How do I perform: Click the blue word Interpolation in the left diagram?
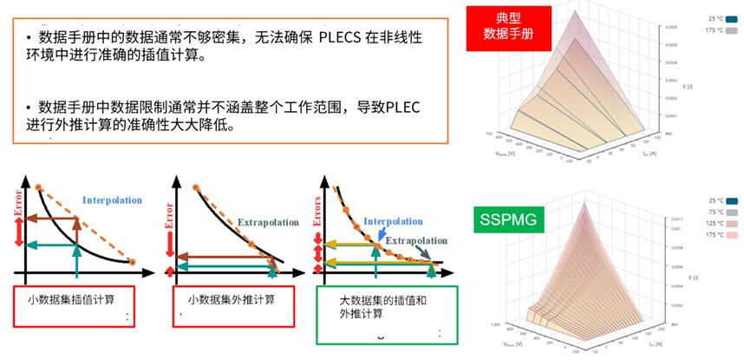(x=112, y=200)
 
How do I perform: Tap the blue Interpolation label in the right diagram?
(x=393, y=221)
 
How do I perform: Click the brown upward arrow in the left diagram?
(x=76, y=229)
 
